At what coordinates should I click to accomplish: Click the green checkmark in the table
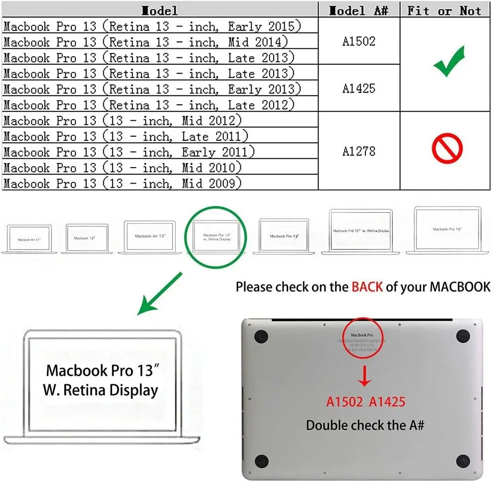click(x=449, y=62)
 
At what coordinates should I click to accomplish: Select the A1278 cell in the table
click(x=359, y=151)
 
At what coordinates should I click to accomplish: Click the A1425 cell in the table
click(x=359, y=88)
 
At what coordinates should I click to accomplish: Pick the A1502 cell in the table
click(x=359, y=41)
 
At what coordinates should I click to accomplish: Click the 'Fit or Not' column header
click(x=445, y=10)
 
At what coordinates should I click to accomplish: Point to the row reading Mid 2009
click(x=123, y=183)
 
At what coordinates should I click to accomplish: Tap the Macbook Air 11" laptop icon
click(x=29, y=239)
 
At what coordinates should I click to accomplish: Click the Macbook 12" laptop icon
click(x=87, y=239)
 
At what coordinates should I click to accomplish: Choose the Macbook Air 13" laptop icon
click(x=150, y=237)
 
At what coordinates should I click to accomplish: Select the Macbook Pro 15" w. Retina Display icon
click(x=361, y=232)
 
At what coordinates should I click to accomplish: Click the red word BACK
click(x=367, y=287)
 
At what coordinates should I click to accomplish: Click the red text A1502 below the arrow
click(x=344, y=402)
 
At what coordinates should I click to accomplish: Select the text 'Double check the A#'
click(x=365, y=425)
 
